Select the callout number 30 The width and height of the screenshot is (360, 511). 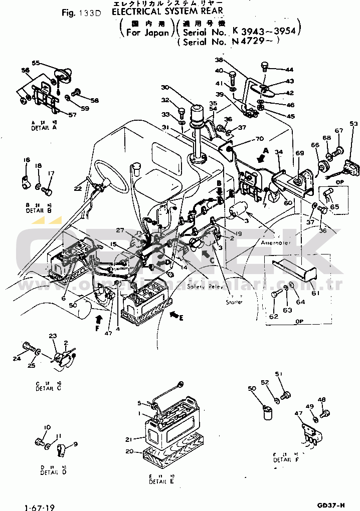coord(165,87)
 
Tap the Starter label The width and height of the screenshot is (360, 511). coord(234,302)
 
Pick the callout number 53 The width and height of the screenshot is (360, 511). coord(353,123)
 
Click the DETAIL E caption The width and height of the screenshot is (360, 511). coord(161,481)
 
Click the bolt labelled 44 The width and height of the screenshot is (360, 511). coord(265,66)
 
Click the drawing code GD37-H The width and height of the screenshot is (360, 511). coord(331,504)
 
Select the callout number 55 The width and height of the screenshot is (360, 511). coord(36,63)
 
